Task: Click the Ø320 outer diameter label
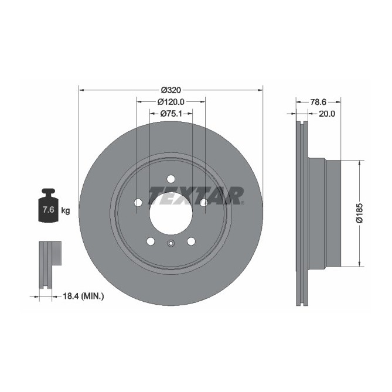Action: (x=171, y=90)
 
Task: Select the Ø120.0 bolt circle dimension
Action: (x=171, y=101)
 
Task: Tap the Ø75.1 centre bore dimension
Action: (x=171, y=113)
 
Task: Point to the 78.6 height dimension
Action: (x=318, y=101)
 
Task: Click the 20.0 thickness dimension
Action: (x=326, y=114)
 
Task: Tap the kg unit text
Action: (x=66, y=210)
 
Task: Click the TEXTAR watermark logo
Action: (x=196, y=195)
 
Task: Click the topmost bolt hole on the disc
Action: (x=171, y=179)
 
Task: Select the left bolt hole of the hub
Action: (x=138, y=203)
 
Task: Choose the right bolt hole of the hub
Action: (x=203, y=203)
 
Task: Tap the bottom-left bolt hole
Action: (x=151, y=241)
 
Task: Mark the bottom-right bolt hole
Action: (x=191, y=241)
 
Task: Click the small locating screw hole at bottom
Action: (x=171, y=245)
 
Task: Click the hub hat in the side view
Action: (x=325, y=213)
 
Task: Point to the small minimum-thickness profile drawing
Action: (x=49, y=264)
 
